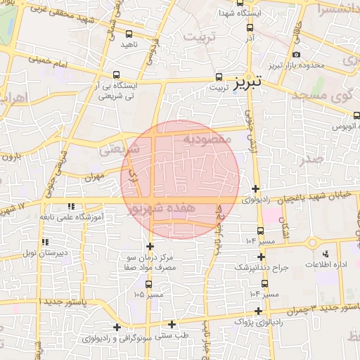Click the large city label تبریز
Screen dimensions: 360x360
[245, 81]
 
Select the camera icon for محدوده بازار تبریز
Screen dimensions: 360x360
[296, 55]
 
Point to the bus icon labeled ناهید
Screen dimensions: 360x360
[129, 34]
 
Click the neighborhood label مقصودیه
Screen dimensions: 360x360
[207, 139]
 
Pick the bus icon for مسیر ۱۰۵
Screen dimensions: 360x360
[148, 284]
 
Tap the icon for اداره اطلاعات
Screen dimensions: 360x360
[324, 254]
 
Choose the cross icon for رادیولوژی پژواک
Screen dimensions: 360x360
[259, 311]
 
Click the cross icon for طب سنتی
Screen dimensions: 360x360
[172, 324]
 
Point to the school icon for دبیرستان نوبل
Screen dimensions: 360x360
[46, 242]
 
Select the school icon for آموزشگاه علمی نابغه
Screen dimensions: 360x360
[70, 206]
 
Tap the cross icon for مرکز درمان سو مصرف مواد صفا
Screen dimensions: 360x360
[150, 246]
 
